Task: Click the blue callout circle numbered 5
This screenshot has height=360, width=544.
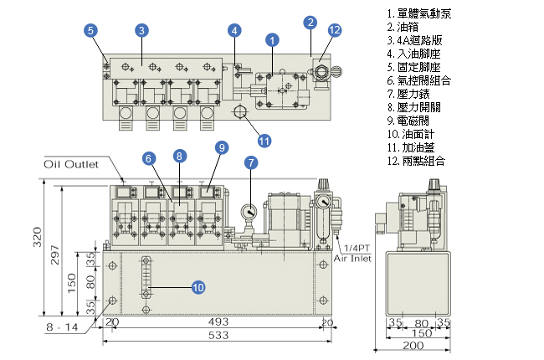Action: point(90,30)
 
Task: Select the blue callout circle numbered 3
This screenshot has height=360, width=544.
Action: point(142,30)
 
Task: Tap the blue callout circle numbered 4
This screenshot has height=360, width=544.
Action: point(235,30)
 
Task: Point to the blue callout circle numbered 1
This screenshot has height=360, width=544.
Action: point(271,39)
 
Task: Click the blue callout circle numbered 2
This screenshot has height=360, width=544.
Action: point(310,22)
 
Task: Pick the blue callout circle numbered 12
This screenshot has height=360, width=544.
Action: point(335,30)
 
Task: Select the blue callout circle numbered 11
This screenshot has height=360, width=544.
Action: point(264,140)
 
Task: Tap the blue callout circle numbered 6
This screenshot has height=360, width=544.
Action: point(148,158)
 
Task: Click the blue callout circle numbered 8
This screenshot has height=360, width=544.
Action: point(179,156)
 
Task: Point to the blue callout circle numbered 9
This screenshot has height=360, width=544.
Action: point(221,147)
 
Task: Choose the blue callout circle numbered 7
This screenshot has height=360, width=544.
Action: point(251,162)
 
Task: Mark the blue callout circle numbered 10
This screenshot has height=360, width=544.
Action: point(198,287)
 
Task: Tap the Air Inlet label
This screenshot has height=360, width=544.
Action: point(352,259)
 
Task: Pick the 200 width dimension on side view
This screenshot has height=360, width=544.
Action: point(413,345)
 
